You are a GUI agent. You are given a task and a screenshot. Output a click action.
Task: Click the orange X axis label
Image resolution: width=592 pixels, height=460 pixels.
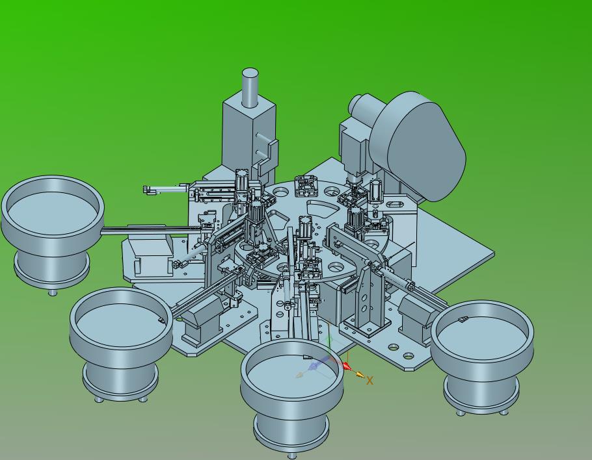tap(370, 381)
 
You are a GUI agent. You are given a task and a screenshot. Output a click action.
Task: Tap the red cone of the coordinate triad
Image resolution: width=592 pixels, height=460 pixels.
tap(346, 366)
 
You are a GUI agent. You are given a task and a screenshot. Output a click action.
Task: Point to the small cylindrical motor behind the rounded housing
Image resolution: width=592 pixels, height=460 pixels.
tap(358, 107)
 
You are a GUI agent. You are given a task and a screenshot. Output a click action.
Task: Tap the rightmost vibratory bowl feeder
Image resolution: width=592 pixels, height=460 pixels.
tap(482, 355)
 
